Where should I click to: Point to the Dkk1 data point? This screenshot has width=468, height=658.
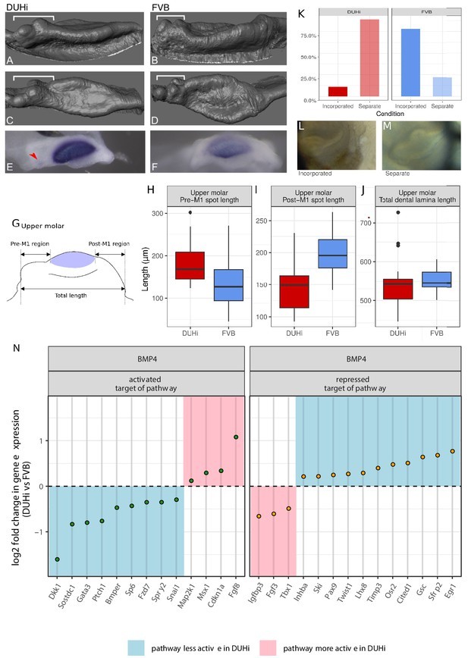coord(57,559)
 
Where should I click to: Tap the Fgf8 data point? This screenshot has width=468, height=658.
coord(236,437)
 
